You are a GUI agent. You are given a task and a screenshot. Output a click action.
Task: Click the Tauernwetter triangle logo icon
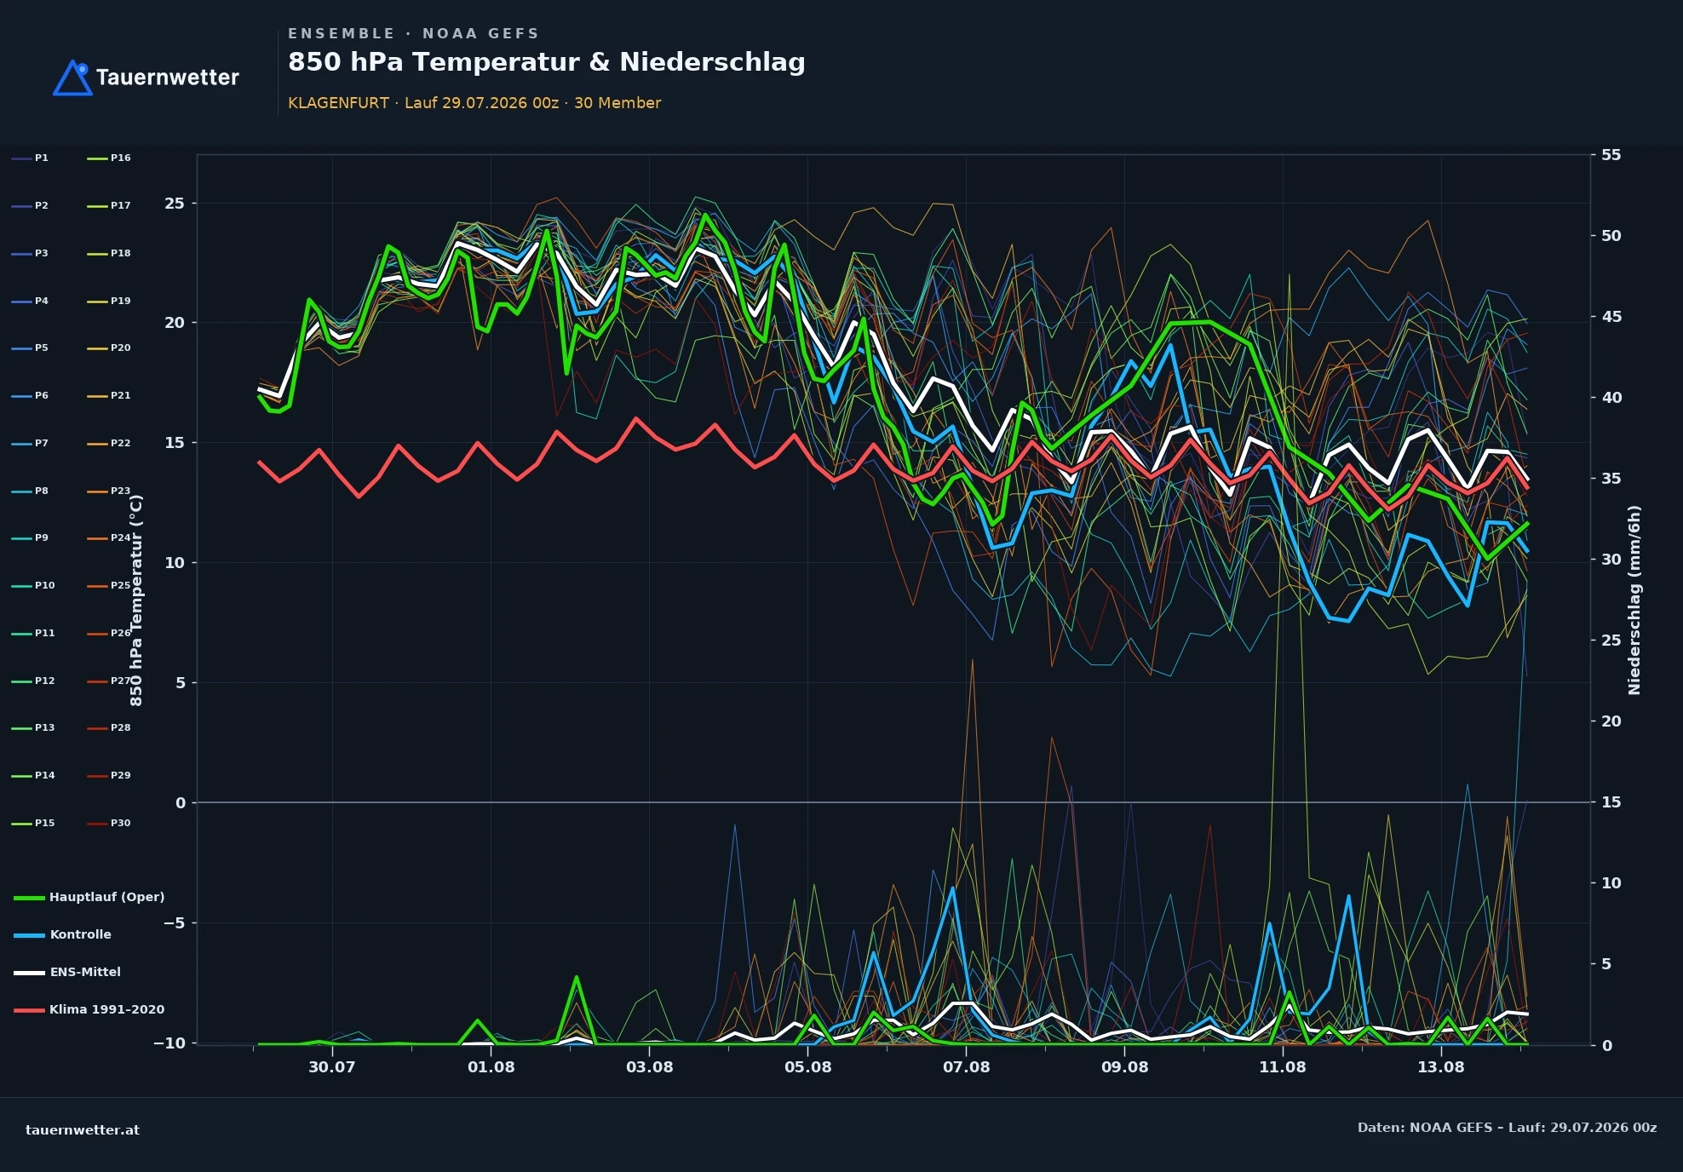tap(72, 78)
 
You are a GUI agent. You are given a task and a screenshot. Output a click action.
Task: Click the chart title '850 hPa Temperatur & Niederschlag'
tap(546, 62)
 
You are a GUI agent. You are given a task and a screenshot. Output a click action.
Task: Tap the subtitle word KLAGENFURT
tap(338, 103)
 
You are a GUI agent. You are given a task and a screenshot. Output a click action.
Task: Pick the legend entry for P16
tap(109, 158)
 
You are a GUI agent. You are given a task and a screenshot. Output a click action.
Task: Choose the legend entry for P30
tap(109, 823)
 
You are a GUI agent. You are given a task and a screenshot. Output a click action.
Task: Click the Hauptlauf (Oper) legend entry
tap(89, 897)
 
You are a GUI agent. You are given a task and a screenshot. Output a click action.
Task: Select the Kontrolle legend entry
tap(63, 934)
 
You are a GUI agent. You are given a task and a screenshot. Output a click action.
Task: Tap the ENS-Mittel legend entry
tap(67, 972)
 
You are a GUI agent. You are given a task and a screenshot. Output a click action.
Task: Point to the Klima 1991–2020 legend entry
tap(89, 1009)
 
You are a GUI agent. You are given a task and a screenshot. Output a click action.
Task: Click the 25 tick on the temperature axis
tap(175, 204)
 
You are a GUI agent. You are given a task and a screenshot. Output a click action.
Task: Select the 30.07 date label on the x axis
tap(331, 1067)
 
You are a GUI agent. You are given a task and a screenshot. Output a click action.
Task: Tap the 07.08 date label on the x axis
tap(966, 1067)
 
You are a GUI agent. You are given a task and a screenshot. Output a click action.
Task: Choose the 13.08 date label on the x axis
tap(1440, 1067)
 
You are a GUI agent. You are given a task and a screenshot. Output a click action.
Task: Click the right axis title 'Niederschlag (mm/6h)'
tap(1634, 600)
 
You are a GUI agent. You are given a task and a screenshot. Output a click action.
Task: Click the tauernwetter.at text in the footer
tap(83, 1130)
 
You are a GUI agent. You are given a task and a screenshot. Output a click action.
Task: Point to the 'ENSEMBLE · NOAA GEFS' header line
tap(414, 34)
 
